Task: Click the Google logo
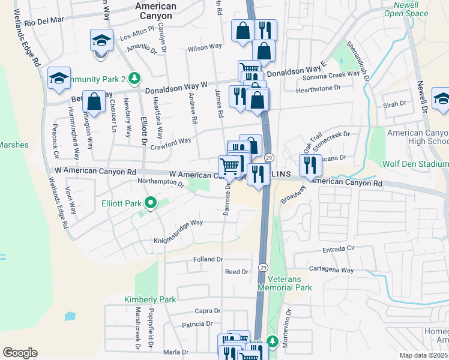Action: [x=20, y=353]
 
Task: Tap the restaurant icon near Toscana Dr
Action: [x=310, y=165]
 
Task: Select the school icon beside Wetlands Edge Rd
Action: [x=59, y=79]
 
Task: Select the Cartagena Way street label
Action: [x=331, y=270]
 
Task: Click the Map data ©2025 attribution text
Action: [x=423, y=355]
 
